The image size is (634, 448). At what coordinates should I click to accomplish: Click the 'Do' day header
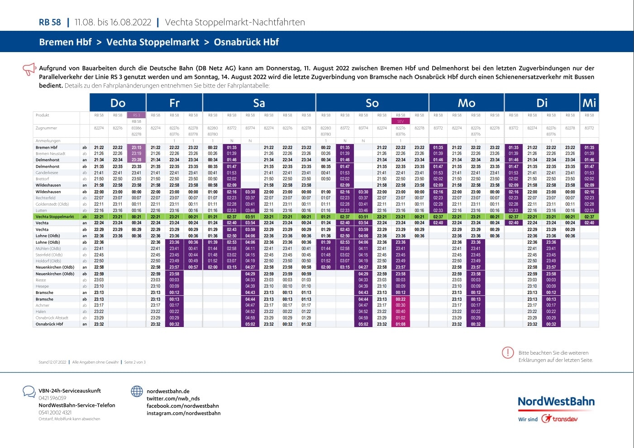118,103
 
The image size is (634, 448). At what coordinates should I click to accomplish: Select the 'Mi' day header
589,103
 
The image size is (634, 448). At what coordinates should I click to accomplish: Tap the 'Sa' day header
259,103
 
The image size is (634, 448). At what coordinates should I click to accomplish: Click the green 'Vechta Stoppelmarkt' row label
55,217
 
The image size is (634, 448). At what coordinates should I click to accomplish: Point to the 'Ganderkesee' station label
47,173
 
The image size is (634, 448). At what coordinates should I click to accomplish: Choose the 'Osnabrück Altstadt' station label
52,318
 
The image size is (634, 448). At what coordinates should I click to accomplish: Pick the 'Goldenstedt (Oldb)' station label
52,204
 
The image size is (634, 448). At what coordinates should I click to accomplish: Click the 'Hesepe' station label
42,286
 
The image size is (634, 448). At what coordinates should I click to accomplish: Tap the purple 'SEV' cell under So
400,121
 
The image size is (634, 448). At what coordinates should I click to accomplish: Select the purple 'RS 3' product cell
136,115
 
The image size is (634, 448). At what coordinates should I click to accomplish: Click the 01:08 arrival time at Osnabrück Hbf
400,324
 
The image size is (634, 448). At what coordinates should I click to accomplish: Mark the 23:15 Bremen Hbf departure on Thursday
136,147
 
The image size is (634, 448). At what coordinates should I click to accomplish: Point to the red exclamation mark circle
508,352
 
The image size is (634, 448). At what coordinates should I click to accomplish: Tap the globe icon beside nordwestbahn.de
137,391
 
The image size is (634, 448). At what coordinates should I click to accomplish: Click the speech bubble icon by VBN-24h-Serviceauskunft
29,391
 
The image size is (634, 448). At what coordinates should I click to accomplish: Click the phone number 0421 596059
52,398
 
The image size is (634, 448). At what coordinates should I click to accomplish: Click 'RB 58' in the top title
50,22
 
